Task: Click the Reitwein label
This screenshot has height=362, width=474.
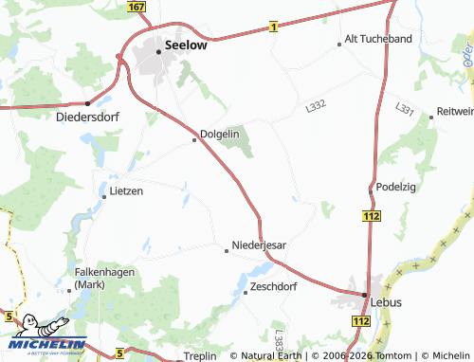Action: tap(454, 112)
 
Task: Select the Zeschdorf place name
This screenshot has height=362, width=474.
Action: tap(273, 285)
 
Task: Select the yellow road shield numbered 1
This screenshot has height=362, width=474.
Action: tap(272, 27)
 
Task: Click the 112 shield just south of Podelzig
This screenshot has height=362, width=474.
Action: tap(371, 217)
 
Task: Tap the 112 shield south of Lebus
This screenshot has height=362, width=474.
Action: tap(360, 322)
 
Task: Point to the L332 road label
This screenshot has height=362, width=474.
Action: tap(315, 110)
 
